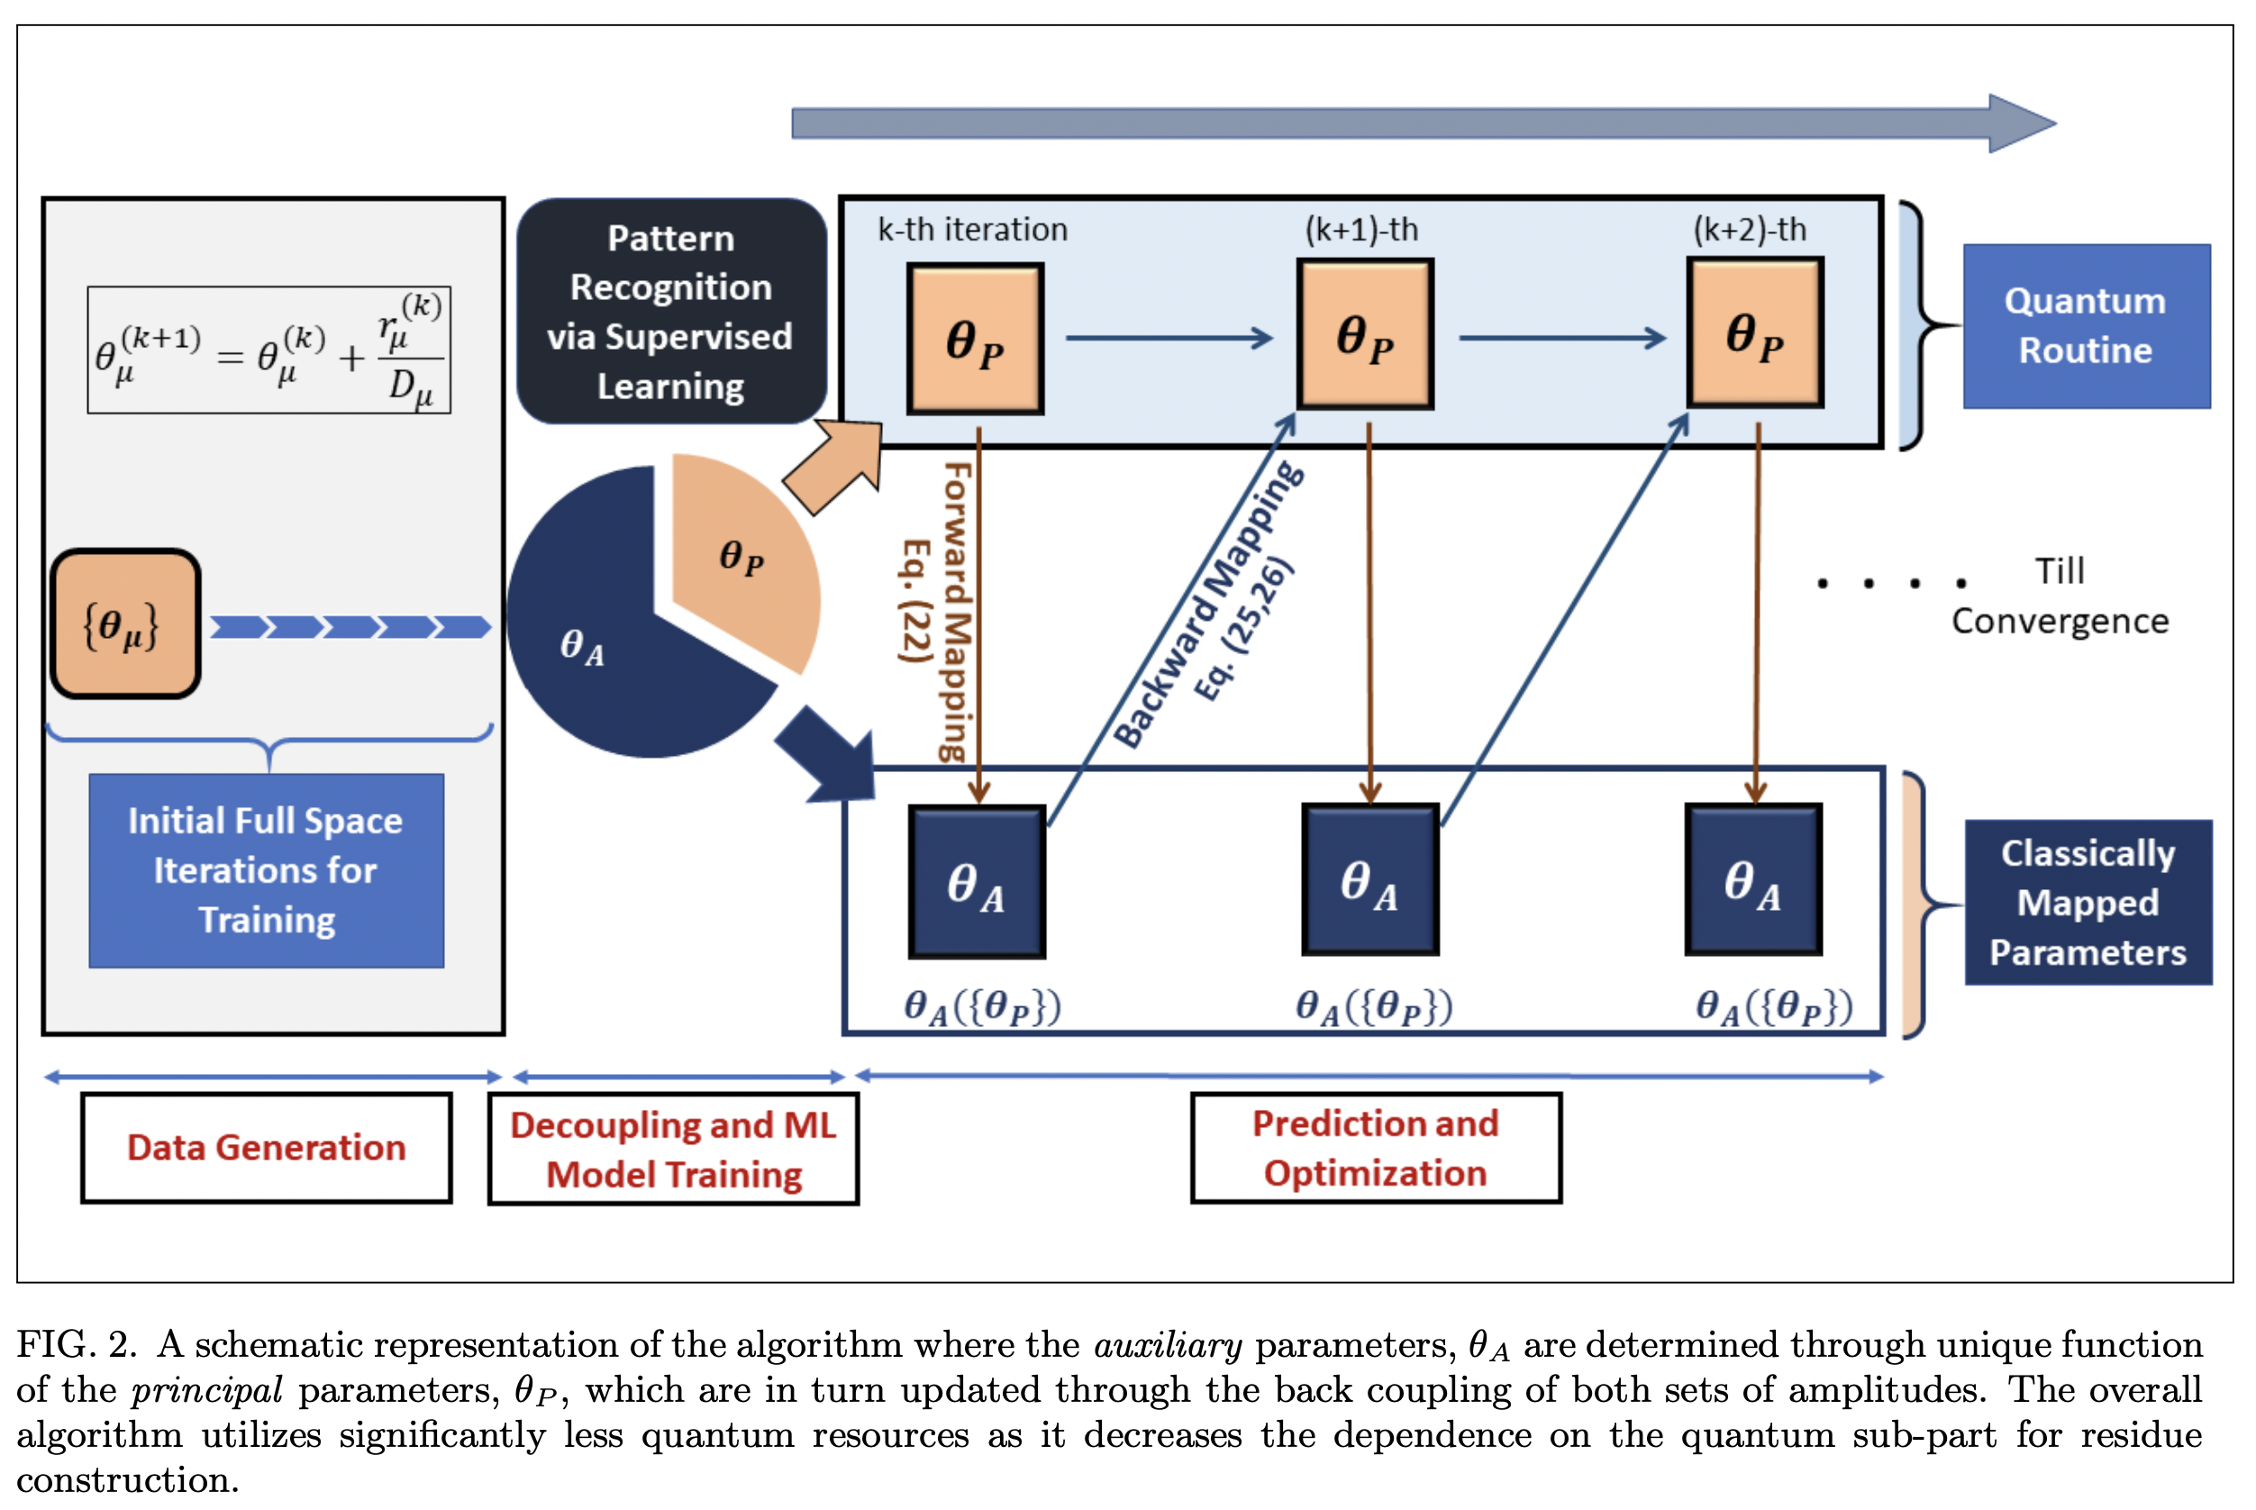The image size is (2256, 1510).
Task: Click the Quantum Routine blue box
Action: point(2085,325)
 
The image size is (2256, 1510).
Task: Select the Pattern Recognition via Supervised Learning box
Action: point(671,311)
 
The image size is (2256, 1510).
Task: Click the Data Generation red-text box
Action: point(267,1147)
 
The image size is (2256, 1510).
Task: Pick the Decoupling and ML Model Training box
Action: point(673,1148)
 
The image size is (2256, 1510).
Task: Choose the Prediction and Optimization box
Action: point(1375,1147)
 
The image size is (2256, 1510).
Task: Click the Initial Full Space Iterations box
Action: point(267,869)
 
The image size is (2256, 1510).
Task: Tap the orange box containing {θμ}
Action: point(125,624)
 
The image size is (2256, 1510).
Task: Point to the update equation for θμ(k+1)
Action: point(268,350)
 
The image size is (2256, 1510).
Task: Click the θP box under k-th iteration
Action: point(975,339)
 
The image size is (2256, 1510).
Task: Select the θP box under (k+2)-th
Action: point(1754,333)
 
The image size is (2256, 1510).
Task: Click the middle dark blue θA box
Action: point(1369,879)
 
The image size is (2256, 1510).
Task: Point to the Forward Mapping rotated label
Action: point(953,612)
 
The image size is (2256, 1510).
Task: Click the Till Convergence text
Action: point(2059,596)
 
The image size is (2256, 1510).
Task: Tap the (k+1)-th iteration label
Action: point(1360,229)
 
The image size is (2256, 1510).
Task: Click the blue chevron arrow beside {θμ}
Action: point(350,628)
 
